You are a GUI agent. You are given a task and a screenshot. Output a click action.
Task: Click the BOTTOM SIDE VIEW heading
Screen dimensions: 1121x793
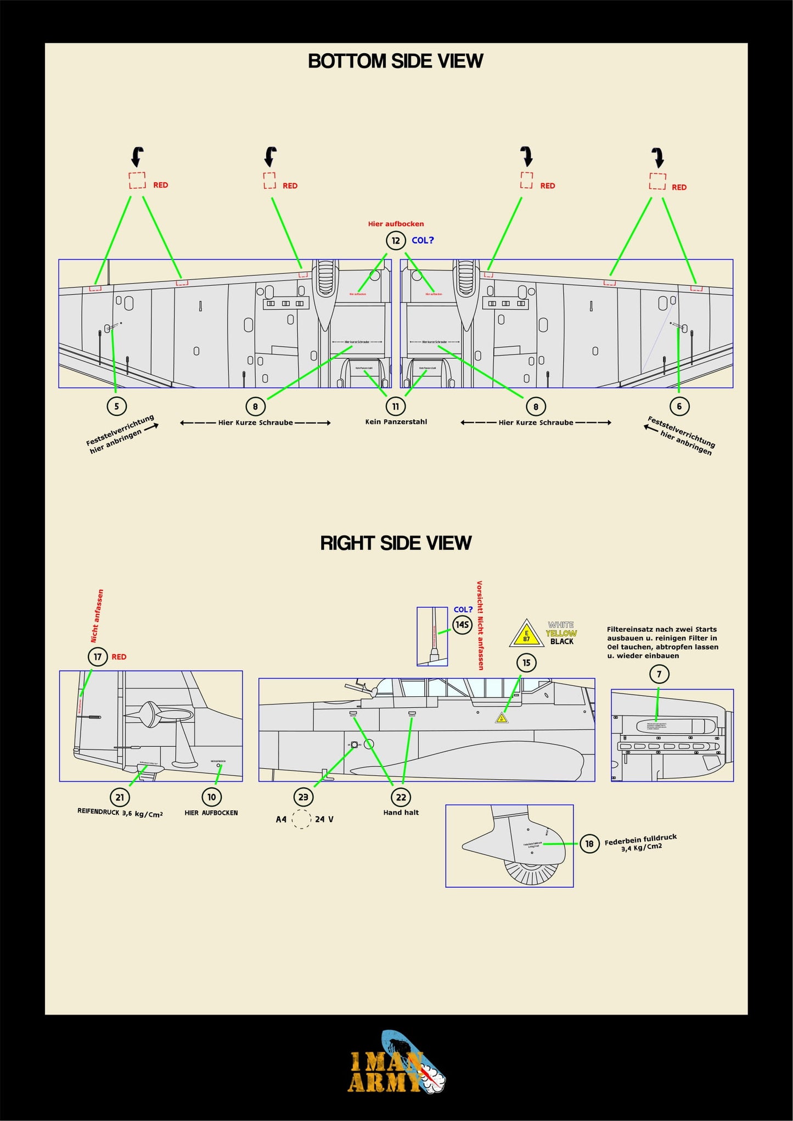point(395,61)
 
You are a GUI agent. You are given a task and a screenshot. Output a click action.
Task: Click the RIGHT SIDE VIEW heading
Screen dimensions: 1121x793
point(395,543)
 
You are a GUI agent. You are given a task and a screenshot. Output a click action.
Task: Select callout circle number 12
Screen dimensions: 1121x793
point(395,240)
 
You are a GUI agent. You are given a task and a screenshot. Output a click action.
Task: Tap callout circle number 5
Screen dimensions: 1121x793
point(116,407)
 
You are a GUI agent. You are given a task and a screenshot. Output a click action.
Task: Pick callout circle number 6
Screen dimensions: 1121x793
point(679,407)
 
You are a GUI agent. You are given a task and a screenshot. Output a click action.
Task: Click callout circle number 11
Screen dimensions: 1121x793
point(395,407)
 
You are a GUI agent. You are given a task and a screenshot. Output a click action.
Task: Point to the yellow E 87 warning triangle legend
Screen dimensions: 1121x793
point(526,634)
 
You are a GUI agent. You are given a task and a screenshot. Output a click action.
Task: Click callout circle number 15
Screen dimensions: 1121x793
point(526,663)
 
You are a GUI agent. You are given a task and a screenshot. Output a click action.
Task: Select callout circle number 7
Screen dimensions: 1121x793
point(659,674)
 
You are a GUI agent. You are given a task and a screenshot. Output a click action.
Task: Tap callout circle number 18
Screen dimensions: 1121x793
point(589,844)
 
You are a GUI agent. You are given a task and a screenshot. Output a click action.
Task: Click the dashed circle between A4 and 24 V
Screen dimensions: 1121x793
point(301,819)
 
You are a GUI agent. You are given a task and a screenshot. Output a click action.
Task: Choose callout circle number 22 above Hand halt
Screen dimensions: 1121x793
point(401,797)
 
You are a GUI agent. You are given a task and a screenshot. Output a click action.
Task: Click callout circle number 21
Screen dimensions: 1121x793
point(120,797)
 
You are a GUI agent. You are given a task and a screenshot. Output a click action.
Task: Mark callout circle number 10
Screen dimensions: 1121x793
point(212,797)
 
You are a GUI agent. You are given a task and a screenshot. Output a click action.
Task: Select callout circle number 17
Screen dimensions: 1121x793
point(98,657)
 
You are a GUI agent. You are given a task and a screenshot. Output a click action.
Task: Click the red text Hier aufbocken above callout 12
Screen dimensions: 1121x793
point(396,224)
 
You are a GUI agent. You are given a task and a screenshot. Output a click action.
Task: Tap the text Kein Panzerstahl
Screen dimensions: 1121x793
point(396,422)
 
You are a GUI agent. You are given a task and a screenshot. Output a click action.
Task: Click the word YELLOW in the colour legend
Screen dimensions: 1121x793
point(561,633)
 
